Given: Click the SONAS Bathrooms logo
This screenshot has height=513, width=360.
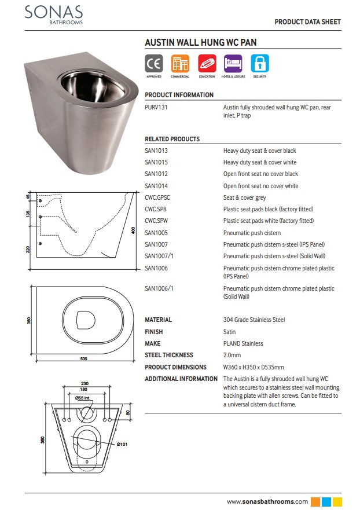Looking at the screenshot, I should click(53, 14).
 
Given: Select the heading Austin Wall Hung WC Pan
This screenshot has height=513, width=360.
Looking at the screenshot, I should click(200, 42).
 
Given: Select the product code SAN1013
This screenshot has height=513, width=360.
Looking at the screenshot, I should click(156, 151).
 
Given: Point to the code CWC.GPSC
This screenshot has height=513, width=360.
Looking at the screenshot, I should click(157, 197).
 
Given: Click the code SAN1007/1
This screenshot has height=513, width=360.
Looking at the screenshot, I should click(159, 256).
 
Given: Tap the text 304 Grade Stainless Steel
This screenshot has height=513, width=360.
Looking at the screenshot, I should click(254, 320).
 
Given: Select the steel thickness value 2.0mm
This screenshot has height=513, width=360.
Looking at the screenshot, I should click(233, 356).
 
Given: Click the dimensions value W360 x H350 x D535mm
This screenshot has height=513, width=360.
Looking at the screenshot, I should click(254, 367).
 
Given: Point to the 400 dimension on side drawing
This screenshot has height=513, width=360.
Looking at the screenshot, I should click(133, 230).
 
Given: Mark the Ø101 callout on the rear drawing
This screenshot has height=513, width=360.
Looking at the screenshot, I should click(122, 444).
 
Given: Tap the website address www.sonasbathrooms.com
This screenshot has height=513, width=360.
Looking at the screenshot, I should click(267, 501).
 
